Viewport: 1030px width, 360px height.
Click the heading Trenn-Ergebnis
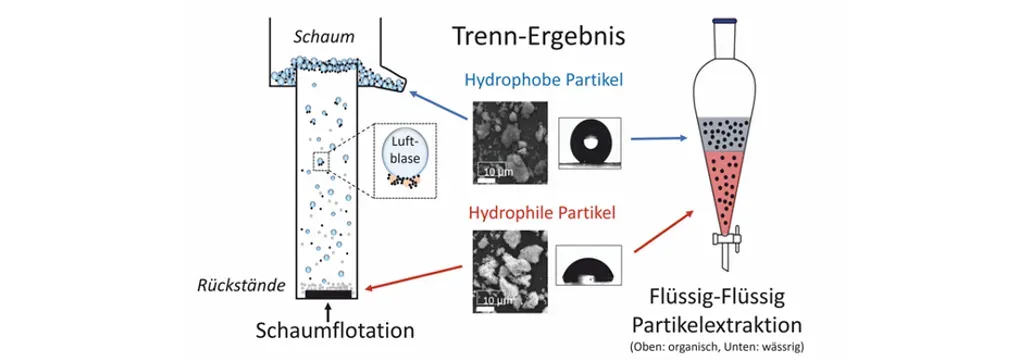[538, 35]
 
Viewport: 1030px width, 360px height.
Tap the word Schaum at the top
[324, 37]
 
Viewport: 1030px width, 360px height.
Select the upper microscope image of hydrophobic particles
[510, 142]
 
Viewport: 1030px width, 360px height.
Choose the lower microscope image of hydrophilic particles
[510, 271]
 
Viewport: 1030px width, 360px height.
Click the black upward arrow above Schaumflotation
[329, 308]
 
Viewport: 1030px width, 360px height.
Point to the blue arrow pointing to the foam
[439, 106]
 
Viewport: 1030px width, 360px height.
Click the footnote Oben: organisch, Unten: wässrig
[723, 346]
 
